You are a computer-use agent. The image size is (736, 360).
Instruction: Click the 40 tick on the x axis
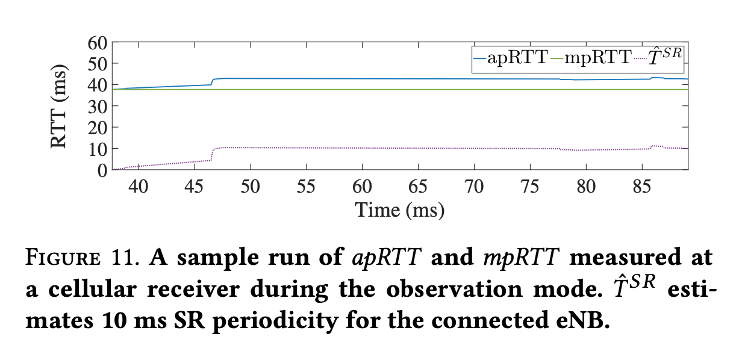[x=139, y=187]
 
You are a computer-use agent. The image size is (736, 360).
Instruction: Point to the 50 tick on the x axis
[x=251, y=187]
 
